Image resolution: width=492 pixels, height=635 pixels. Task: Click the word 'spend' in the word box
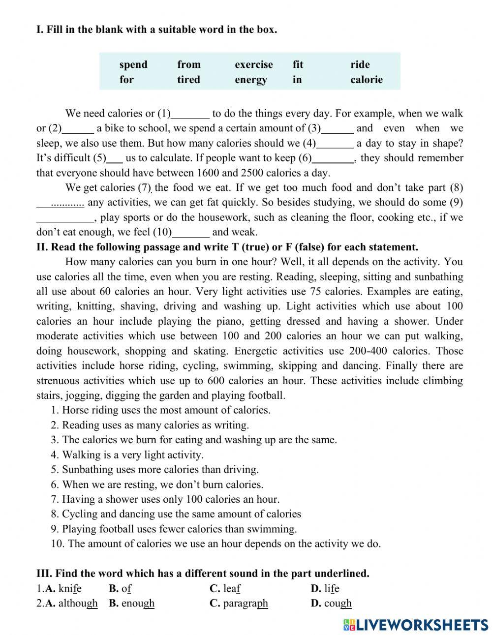[x=133, y=64]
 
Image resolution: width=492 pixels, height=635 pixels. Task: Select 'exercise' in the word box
[x=253, y=64]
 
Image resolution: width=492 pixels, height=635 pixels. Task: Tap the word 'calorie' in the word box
[x=366, y=80]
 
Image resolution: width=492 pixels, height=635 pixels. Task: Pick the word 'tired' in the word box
[x=188, y=80]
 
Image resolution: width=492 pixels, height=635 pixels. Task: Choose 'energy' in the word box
[x=251, y=80]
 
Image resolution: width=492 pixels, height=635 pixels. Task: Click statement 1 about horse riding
[x=160, y=410]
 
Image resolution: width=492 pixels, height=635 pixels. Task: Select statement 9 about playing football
[x=174, y=529]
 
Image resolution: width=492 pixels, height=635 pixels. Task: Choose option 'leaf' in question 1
[x=231, y=588]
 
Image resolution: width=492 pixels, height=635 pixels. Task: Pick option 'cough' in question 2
[x=338, y=604]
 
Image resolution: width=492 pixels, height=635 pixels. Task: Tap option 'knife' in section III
[x=69, y=588]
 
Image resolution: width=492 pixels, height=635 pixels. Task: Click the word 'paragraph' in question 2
[x=245, y=604]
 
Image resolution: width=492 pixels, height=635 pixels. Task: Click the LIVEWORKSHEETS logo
[x=416, y=625]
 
